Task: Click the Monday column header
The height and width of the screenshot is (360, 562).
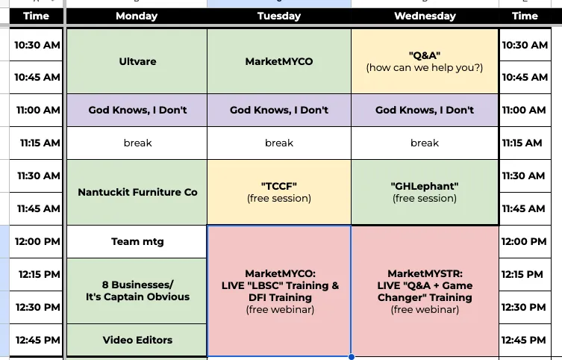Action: click(137, 16)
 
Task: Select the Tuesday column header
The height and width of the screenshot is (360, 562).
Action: click(279, 16)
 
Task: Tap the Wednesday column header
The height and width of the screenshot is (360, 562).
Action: click(425, 16)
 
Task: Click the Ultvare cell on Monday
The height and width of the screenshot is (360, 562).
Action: click(137, 61)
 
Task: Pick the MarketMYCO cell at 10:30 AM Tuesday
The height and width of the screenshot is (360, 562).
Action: click(279, 61)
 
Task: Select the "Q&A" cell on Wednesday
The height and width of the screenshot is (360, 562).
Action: click(425, 61)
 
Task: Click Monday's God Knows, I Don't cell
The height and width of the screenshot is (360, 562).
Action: click(137, 110)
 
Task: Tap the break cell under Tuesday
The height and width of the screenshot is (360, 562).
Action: click(279, 143)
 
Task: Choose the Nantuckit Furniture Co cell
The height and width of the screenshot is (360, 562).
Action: click(137, 192)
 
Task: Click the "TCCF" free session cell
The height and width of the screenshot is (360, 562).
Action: click(279, 192)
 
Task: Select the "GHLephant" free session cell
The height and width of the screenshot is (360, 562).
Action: click(425, 192)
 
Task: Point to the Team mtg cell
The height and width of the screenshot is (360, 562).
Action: click(137, 241)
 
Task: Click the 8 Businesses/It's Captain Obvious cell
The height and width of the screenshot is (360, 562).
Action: click(137, 291)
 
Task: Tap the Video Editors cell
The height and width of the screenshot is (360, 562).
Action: click(137, 340)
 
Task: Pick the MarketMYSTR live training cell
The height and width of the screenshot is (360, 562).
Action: click(425, 291)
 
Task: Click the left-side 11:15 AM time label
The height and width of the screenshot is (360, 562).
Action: click(38, 143)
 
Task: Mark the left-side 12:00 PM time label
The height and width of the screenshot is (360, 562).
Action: click(38, 241)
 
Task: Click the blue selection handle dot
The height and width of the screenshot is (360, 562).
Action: click(351, 356)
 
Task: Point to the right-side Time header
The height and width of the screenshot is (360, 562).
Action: click(525, 16)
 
